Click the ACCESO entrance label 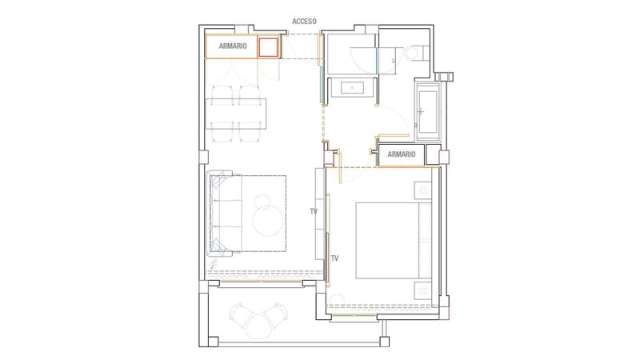point(304,22)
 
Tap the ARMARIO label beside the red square point(233,46)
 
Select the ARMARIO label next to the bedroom point(402,154)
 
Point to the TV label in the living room point(314,211)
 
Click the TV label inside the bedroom point(334,258)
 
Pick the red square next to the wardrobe point(269,47)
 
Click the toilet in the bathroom point(417,53)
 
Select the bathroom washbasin point(352,88)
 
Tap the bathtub point(427,110)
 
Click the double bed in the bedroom point(394,241)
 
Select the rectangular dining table point(236,114)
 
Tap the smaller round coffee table point(262,202)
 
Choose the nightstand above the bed point(423,190)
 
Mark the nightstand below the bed point(423,290)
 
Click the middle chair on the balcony point(258,326)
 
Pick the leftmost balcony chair point(239,315)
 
